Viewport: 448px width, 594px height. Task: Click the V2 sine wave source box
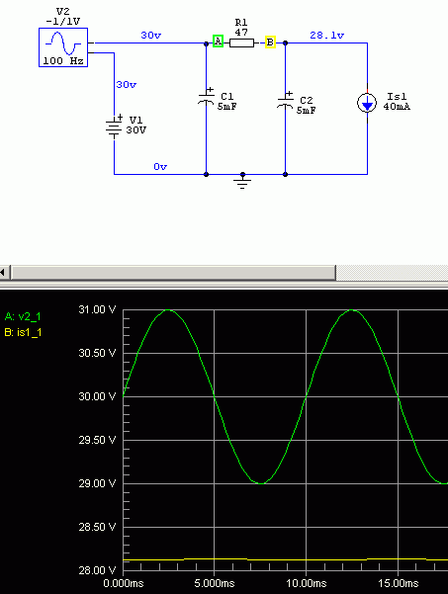tap(63, 47)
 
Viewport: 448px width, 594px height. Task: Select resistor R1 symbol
tap(241, 42)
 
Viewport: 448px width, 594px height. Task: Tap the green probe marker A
tap(218, 41)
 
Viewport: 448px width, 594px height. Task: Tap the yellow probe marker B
tap(270, 42)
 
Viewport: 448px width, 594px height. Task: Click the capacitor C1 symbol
tap(206, 98)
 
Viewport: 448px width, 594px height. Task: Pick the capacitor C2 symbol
tap(286, 101)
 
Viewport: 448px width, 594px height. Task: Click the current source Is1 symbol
tap(367, 103)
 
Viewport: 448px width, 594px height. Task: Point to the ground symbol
tap(242, 182)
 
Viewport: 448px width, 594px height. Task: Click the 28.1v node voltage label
tap(326, 36)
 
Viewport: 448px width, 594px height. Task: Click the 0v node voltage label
tap(160, 167)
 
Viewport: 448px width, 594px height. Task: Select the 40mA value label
tap(397, 107)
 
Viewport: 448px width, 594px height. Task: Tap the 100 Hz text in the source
tap(63, 60)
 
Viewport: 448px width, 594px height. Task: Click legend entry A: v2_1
tap(23, 316)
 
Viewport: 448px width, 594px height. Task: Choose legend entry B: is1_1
tap(23, 333)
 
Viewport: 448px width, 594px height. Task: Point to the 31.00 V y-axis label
tap(97, 309)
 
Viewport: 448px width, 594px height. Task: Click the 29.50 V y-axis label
tap(97, 440)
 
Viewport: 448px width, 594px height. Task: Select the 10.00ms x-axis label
tap(306, 583)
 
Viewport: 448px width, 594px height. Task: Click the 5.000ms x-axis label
tap(215, 583)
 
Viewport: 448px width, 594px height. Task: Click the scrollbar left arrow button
tap(4, 273)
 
